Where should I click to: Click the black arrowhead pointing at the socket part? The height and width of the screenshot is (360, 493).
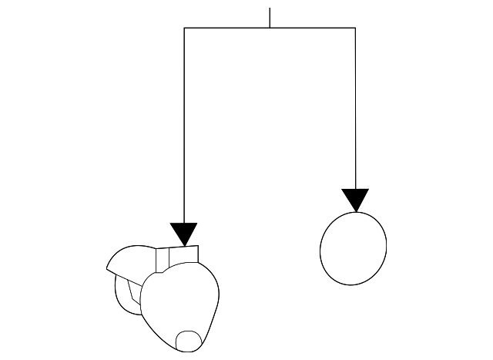tap(184, 232)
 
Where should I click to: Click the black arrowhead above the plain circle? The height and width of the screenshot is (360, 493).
tap(355, 198)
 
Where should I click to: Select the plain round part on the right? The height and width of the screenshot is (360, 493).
tap(353, 247)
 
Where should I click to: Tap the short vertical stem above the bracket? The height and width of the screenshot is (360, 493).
tap(270, 18)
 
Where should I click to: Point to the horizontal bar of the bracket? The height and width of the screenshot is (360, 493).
tap(231, 28)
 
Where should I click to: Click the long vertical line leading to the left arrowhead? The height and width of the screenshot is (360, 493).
tap(184, 123)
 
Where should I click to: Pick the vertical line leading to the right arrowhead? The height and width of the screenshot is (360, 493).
tap(355, 108)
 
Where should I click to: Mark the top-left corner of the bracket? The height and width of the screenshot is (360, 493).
tap(184, 28)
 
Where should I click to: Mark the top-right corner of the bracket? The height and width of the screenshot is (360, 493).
tap(355, 28)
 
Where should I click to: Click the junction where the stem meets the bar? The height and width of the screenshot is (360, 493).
tap(270, 28)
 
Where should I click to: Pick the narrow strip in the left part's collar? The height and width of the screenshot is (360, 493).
tap(162, 260)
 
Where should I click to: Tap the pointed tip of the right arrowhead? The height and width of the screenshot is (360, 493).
tap(355, 211)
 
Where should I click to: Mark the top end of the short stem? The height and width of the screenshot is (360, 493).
tap(270, 9)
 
